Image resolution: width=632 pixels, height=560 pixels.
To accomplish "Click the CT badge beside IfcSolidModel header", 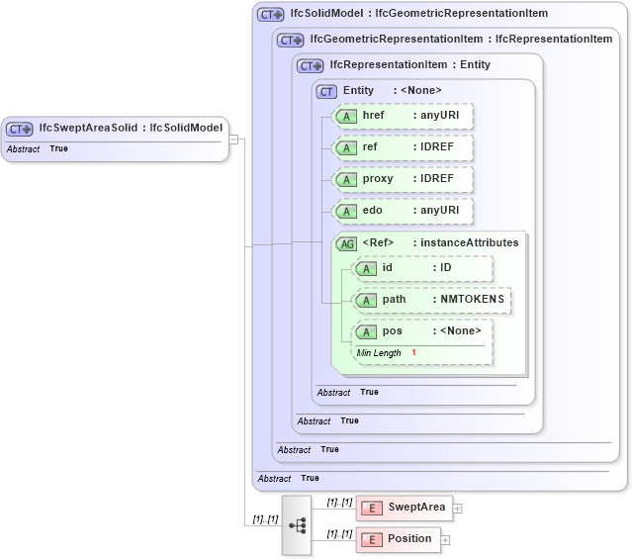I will click(x=270, y=14).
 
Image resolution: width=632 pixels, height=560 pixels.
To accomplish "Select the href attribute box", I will click(x=404, y=116).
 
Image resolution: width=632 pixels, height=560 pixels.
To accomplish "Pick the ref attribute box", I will click(x=404, y=147).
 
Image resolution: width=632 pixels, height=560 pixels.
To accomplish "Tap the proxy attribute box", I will click(x=404, y=179).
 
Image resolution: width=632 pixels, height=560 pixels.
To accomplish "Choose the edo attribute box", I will click(x=404, y=211).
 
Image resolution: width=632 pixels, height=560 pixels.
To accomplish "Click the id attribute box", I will click(x=422, y=268).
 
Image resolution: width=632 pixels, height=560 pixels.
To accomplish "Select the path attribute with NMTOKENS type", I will click(x=432, y=300).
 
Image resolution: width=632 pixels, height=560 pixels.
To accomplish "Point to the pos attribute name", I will click(x=392, y=331).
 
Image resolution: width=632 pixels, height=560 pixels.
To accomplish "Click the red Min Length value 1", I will click(x=413, y=353).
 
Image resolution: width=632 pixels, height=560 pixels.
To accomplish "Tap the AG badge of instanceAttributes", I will click(x=346, y=243).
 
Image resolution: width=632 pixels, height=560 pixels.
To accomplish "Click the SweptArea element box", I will click(x=403, y=508).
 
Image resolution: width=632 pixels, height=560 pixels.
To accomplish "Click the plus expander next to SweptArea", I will click(x=458, y=509).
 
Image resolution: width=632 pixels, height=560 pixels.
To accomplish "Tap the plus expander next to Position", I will click(x=445, y=540).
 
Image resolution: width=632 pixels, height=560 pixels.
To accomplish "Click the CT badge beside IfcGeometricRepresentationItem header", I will click(x=290, y=40).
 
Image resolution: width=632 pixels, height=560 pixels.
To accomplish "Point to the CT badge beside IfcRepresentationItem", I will click(x=310, y=65).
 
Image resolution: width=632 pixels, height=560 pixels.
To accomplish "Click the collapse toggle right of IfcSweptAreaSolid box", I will click(x=233, y=139).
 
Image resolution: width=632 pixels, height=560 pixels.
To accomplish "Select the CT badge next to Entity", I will click(x=326, y=91).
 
